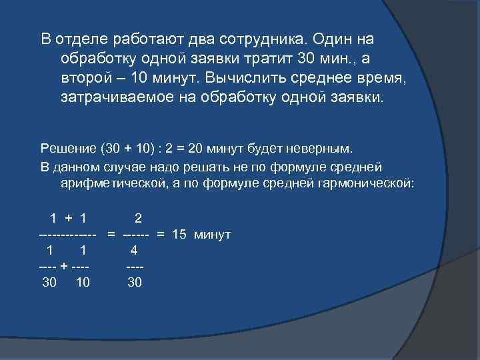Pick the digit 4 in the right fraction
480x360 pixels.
click(134, 251)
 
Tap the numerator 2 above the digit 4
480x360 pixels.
click(137, 218)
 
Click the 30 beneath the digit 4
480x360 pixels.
click(135, 282)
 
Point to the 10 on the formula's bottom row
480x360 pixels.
click(83, 282)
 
